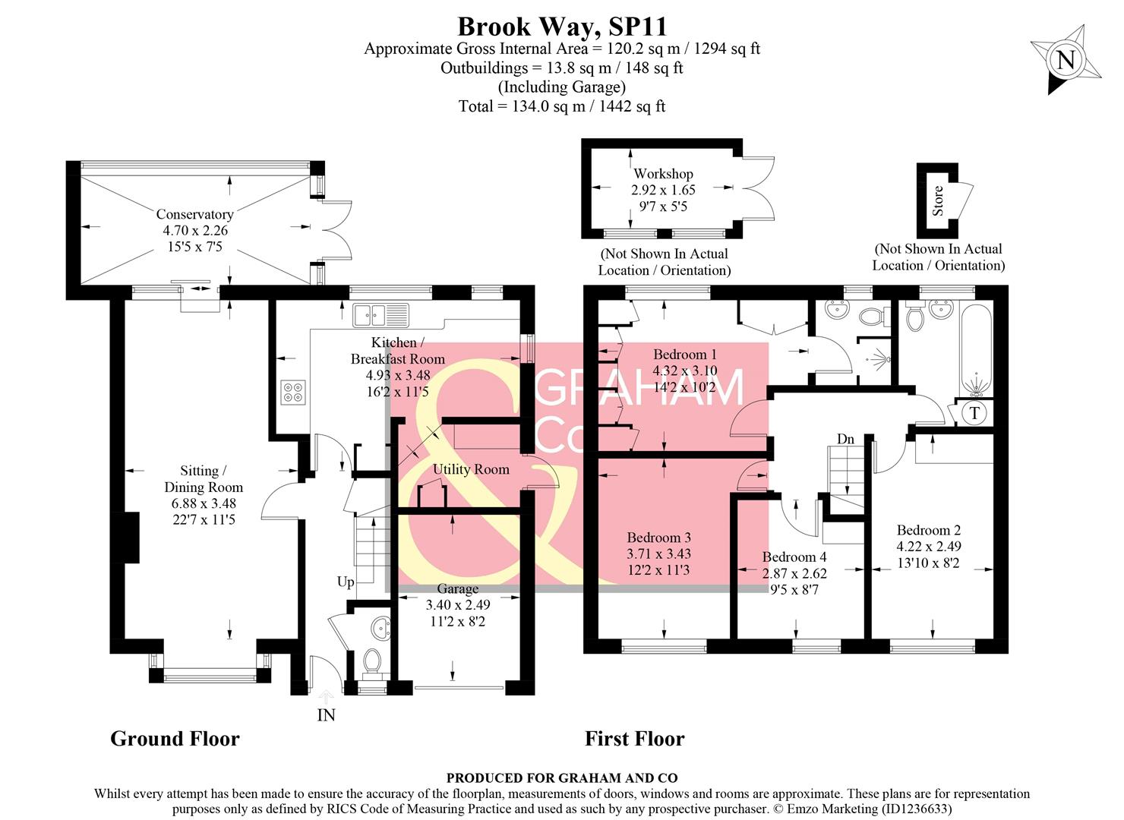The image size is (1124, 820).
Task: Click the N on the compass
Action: pos(1066,60)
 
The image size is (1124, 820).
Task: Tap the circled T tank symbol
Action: pos(975,413)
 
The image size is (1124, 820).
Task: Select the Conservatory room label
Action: pos(194,214)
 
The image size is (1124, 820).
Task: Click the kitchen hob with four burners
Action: pos(292,392)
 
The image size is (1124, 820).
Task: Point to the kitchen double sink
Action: pos(380,313)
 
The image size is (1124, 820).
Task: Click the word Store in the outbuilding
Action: pos(938,200)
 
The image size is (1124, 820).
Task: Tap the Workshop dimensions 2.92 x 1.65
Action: pos(663,190)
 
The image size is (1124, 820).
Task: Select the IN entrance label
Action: pos(326,715)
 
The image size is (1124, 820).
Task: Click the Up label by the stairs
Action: pos(346,582)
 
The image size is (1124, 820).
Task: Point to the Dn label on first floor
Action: pos(845,439)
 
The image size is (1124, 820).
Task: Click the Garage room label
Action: pos(457,588)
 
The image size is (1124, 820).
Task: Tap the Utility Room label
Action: pos(471,469)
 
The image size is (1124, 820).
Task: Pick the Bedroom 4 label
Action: pos(794,557)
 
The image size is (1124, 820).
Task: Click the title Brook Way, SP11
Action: pos(562,27)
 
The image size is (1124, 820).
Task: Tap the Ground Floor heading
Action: pos(175,738)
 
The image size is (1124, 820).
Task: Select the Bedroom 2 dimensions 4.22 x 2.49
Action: pos(929,547)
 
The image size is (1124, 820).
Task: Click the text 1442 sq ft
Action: pos(632,106)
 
